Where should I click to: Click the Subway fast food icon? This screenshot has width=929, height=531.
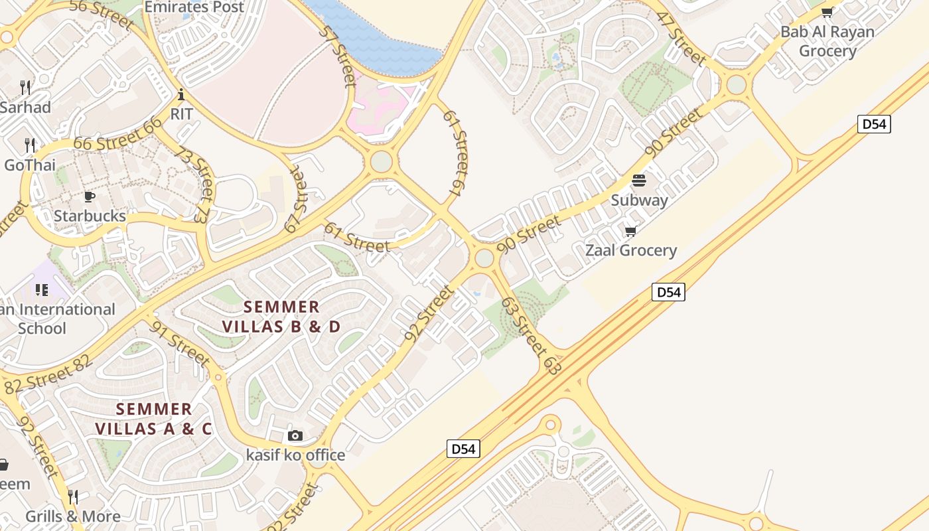(x=639, y=181)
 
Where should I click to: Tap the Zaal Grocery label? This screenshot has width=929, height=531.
(x=630, y=250)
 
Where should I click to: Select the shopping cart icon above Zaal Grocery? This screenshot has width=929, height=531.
(x=630, y=231)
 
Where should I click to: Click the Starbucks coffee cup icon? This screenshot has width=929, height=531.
(x=90, y=196)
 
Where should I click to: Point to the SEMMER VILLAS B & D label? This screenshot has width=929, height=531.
(x=281, y=317)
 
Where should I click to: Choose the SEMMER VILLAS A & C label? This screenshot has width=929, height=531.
(x=153, y=419)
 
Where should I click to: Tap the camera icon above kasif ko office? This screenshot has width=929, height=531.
(x=295, y=436)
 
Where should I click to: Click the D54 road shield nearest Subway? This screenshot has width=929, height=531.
(x=668, y=292)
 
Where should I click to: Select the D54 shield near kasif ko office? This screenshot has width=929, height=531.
(x=463, y=449)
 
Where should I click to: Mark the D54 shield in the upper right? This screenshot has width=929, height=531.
(x=873, y=124)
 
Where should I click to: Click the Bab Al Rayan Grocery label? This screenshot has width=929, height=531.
(x=827, y=41)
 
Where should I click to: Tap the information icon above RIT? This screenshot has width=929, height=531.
(x=181, y=94)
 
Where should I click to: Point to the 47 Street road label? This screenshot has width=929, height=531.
(x=681, y=38)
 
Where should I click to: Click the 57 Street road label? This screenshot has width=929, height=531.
(x=338, y=56)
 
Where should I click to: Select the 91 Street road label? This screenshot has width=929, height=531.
(x=180, y=343)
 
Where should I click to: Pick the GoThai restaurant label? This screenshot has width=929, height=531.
(x=30, y=165)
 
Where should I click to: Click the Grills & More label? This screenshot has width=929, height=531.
(x=73, y=516)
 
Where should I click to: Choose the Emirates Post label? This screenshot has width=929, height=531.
(x=194, y=7)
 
